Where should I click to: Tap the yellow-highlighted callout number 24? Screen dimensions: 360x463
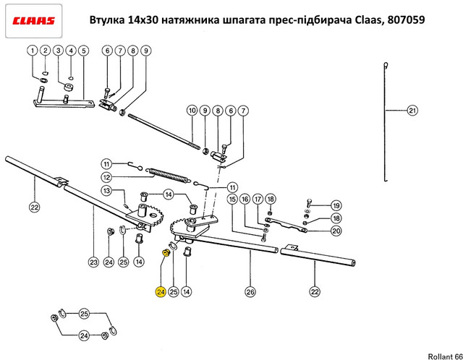click(x=160, y=292)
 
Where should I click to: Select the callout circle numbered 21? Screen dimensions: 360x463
click(x=412, y=111)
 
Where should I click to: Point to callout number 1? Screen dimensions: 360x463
click(x=33, y=51)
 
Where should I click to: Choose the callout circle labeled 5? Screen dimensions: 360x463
click(x=83, y=51)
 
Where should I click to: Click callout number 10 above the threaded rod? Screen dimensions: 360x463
click(x=192, y=111)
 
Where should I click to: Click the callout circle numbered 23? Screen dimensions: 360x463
click(x=93, y=262)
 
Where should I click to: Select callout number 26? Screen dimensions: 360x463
click(x=250, y=292)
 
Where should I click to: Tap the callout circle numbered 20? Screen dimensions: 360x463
click(x=335, y=231)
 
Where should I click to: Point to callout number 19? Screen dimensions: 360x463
click(x=335, y=205)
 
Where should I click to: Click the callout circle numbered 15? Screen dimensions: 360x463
click(x=232, y=199)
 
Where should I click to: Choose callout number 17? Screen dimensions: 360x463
click(x=257, y=199)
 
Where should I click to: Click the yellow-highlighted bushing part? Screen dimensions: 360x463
click(x=166, y=253)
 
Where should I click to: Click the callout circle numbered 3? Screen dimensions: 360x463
click(x=58, y=51)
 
